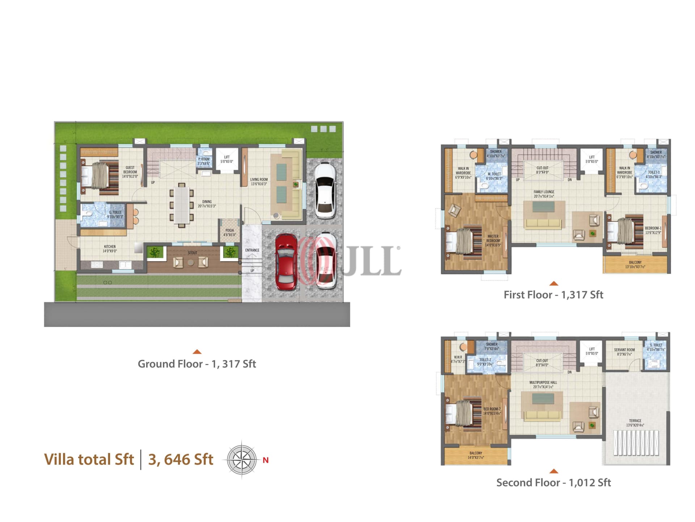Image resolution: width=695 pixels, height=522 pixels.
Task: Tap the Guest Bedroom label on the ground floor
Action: click(130, 172)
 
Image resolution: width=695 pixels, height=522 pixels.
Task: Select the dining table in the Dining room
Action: click(181, 205)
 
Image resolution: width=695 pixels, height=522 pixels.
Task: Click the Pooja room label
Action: click(229, 232)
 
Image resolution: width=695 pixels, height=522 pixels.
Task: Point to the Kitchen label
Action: click(110, 249)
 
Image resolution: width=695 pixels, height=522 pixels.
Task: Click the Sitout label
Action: click(193, 253)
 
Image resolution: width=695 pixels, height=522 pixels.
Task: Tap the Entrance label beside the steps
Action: click(252, 250)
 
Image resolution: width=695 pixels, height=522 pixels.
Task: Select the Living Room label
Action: click(259, 182)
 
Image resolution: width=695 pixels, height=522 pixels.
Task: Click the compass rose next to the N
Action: click(242, 460)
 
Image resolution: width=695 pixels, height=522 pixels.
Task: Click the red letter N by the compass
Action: click(266, 460)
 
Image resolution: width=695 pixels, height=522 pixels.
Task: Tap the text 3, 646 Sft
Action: click(181, 460)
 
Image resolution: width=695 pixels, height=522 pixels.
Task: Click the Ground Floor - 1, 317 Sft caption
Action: click(197, 364)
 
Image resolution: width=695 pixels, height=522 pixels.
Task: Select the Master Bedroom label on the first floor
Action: click(493, 241)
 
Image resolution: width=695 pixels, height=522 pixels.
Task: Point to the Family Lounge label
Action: click(544, 194)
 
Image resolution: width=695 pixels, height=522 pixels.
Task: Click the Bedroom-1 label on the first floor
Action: click(653, 230)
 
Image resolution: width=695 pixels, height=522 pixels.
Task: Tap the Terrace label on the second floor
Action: click(635, 423)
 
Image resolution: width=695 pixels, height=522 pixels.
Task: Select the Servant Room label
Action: click(624, 352)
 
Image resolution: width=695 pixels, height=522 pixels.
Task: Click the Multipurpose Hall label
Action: click(543, 385)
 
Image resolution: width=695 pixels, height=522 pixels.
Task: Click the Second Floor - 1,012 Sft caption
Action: click(553, 483)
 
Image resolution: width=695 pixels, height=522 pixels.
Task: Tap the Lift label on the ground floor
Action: click(227, 159)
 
